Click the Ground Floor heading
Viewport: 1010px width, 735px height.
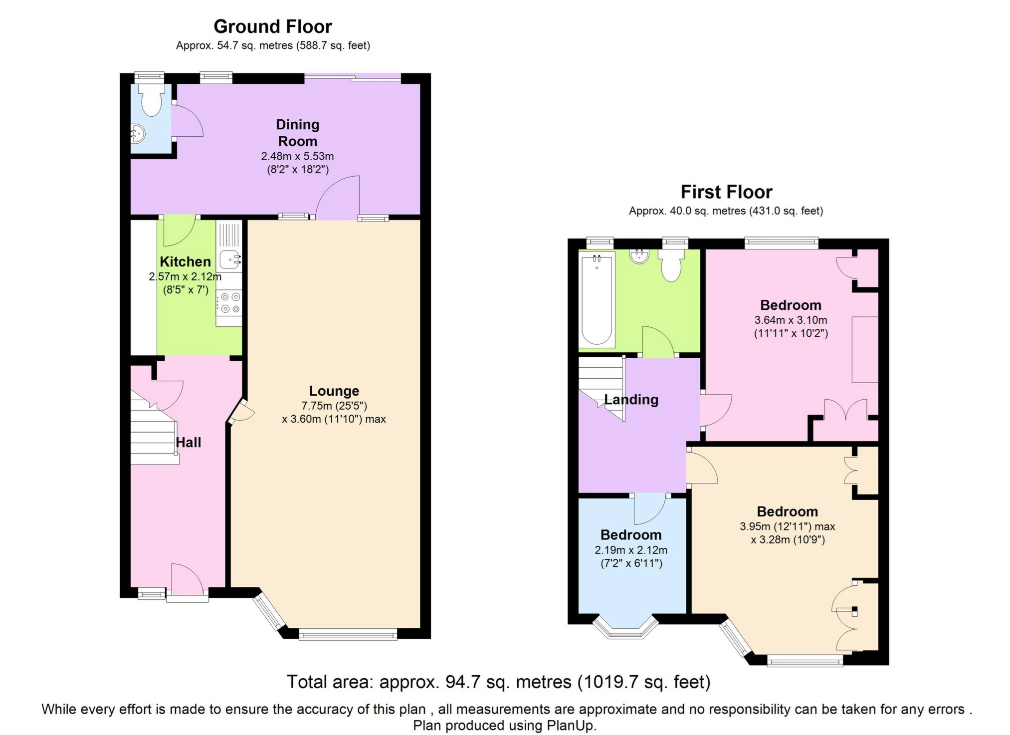click(272, 26)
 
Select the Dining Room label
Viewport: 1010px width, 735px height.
click(297, 133)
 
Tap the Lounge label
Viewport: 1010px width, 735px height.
click(334, 391)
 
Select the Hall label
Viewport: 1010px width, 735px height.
click(188, 443)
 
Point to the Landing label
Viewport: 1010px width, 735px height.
click(631, 400)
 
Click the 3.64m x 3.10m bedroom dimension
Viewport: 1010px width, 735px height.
click(791, 320)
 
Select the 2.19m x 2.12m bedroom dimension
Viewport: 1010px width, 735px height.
click(630, 550)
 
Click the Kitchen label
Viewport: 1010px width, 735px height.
click(185, 262)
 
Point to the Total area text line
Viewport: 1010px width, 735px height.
click(498, 682)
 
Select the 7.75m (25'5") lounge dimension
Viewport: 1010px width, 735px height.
click(334, 406)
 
